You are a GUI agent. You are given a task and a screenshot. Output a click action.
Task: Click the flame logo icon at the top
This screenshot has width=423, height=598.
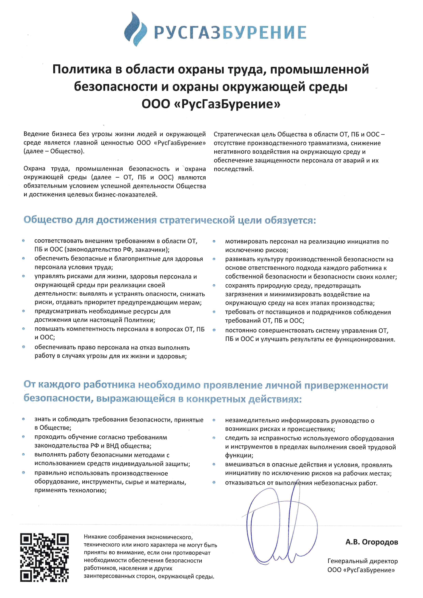point(135,29)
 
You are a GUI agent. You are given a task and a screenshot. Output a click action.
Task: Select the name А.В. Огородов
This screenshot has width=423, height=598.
point(372,542)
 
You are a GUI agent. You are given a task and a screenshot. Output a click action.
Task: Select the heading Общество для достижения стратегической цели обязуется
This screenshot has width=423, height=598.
point(170,220)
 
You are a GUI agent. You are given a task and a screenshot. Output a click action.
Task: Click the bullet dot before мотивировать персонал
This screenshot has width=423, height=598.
point(214,241)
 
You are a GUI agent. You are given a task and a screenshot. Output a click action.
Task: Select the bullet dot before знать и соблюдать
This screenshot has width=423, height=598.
point(23,419)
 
